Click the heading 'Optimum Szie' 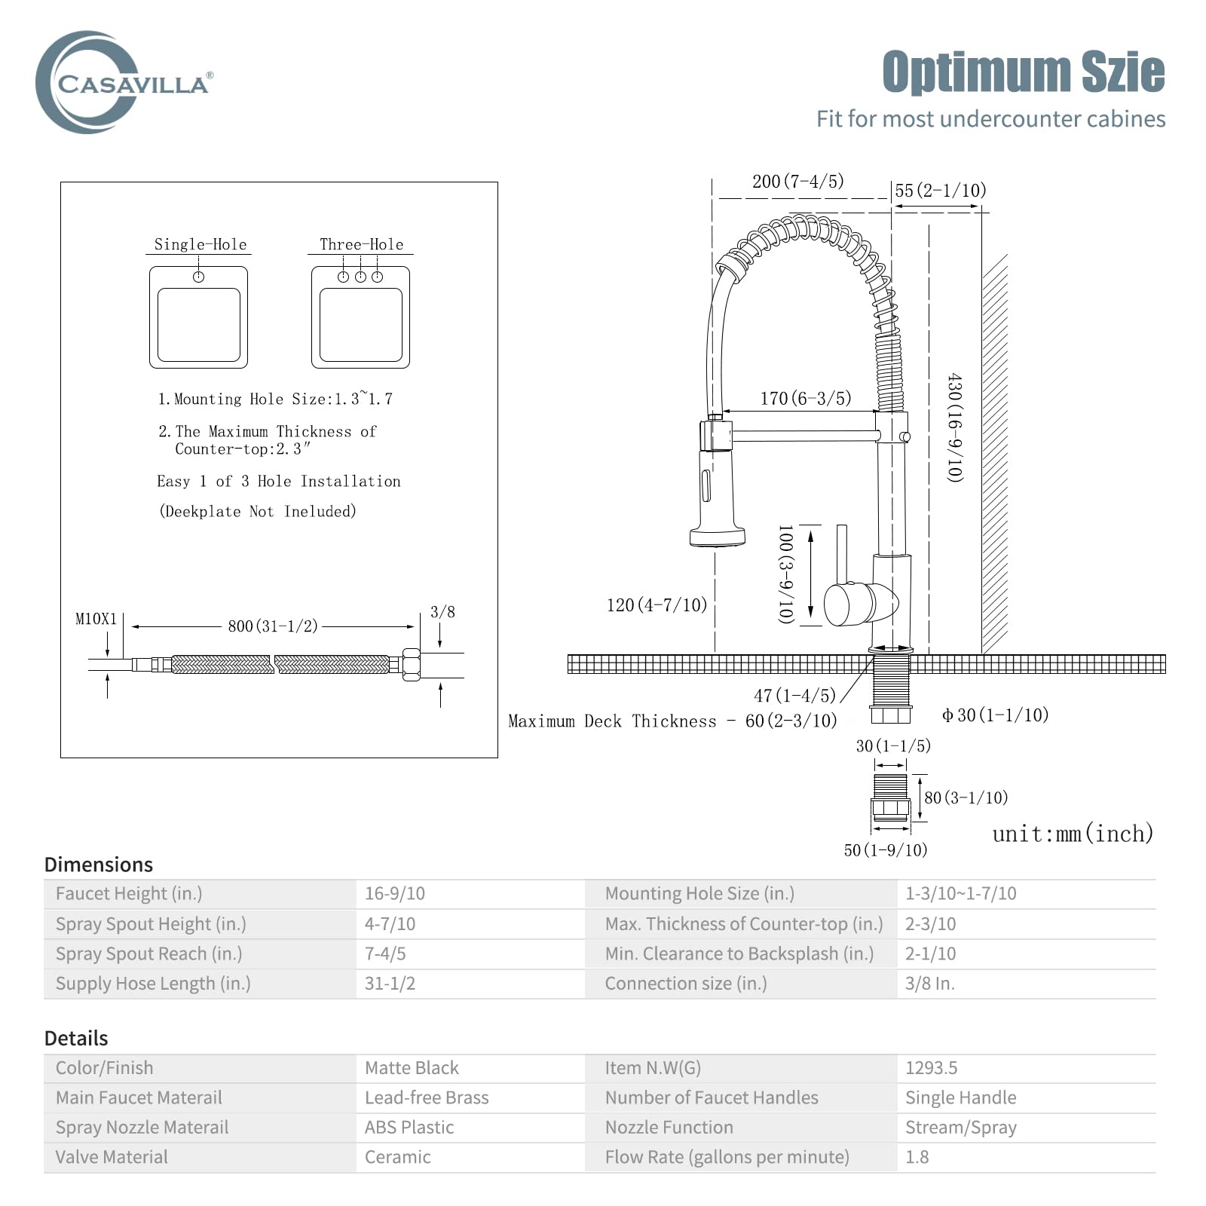(x=1024, y=72)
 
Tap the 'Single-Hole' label (x=200, y=244)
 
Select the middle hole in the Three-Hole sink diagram (x=360, y=277)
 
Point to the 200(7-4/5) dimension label (x=798, y=181)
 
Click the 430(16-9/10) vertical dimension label (x=955, y=427)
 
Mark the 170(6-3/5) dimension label (x=806, y=398)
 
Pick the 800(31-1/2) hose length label (x=273, y=626)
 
